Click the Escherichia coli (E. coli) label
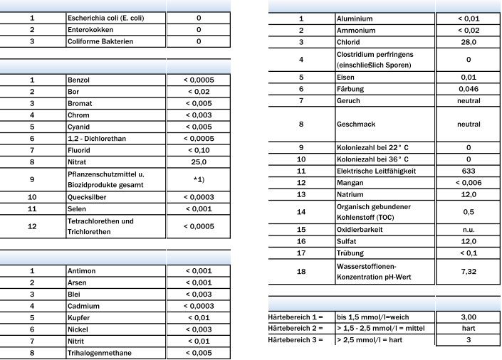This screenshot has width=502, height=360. point(106,18)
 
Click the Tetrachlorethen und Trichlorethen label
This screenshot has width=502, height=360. point(100,226)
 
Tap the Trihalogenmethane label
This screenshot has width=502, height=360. point(99,353)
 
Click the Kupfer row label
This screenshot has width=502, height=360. point(79,317)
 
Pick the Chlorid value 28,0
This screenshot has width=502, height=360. point(469,43)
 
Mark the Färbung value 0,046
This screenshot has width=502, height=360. point(469,89)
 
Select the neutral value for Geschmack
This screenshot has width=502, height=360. point(469,125)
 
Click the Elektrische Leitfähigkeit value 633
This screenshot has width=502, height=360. point(469,171)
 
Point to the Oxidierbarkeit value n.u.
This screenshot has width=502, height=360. point(469,230)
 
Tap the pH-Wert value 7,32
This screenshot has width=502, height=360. point(469,271)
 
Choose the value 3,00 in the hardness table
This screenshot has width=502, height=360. point(469,316)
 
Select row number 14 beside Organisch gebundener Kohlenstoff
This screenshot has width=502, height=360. point(301,212)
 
